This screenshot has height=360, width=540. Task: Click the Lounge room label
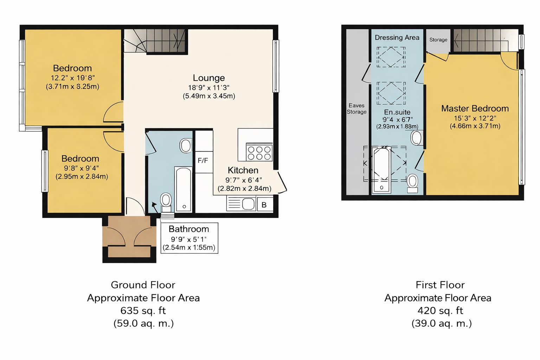click(x=209, y=78)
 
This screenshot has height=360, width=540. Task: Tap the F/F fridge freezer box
click(x=203, y=161)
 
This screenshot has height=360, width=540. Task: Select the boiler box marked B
click(x=264, y=205)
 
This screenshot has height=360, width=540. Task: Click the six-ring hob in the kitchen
click(x=260, y=152)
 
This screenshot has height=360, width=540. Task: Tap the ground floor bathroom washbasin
click(x=186, y=146)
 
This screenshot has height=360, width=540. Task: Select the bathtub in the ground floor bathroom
click(x=183, y=189)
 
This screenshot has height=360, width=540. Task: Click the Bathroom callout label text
click(x=189, y=229)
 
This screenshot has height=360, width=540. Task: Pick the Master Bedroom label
click(x=475, y=109)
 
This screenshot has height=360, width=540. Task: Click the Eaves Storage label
click(x=356, y=109)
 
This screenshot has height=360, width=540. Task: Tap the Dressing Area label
click(x=397, y=38)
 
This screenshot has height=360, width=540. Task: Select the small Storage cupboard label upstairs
click(x=438, y=40)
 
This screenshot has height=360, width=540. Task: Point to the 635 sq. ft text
click(x=143, y=311)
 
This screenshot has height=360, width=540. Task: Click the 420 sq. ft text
click(x=440, y=311)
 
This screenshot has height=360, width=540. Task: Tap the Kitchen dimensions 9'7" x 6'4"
click(x=244, y=180)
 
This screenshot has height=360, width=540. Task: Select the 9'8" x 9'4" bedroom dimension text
click(x=82, y=168)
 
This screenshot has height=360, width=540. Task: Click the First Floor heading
click(x=440, y=285)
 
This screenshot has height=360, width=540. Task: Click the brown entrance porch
click(x=129, y=237)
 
